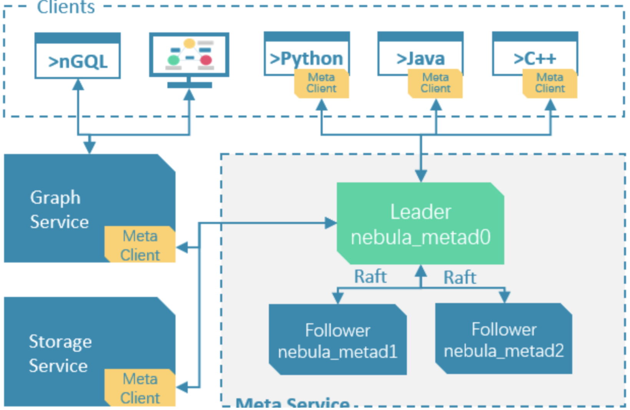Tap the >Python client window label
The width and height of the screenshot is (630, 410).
[x=306, y=58]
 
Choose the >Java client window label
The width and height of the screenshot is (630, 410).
[x=421, y=58]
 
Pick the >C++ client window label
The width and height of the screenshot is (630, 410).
[x=535, y=58]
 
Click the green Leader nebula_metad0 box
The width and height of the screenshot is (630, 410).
[x=421, y=224]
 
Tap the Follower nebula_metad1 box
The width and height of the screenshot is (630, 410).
[x=337, y=340]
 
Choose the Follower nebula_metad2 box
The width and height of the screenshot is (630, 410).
[x=504, y=339]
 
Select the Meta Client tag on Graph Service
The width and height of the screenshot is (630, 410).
[x=140, y=245]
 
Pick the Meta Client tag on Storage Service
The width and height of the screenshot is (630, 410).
[x=140, y=388]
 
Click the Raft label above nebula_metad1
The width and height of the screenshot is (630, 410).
[x=370, y=277]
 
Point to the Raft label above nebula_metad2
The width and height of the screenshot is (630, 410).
[x=460, y=277]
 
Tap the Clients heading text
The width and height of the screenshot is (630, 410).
[x=66, y=7]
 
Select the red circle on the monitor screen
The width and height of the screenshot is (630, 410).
[x=206, y=60]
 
